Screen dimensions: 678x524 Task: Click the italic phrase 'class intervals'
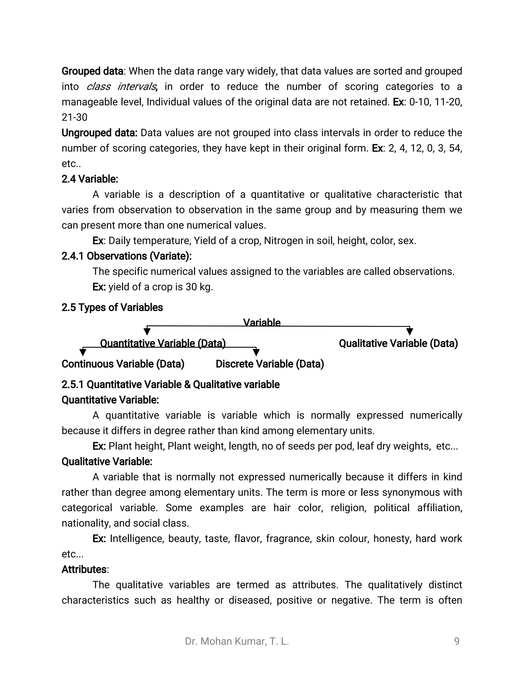click(x=121, y=87)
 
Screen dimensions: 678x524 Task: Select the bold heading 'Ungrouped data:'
click(x=99, y=133)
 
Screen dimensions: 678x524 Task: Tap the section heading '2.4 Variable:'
click(x=90, y=179)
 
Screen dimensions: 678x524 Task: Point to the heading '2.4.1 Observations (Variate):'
click(x=127, y=256)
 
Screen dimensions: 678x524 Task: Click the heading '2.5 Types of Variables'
click(x=112, y=307)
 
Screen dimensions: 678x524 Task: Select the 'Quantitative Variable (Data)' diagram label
click(x=163, y=343)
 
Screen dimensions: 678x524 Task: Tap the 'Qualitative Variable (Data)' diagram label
click(x=398, y=343)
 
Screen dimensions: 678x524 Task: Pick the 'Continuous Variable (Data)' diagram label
click(x=123, y=364)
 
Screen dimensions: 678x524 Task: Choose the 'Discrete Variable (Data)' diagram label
click(x=270, y=364)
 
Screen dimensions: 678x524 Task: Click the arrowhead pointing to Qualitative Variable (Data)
click(x=410, y=332)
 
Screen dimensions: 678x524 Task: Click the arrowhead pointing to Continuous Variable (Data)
click(x=83, y=352)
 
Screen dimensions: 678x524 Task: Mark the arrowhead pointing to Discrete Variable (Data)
click(x=256, y=352)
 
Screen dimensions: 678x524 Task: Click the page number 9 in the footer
click(x=457, y=641)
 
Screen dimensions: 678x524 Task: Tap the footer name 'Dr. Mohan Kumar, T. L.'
click(x=237, y=641)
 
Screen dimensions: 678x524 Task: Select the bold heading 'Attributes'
click(x=84, y=569)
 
